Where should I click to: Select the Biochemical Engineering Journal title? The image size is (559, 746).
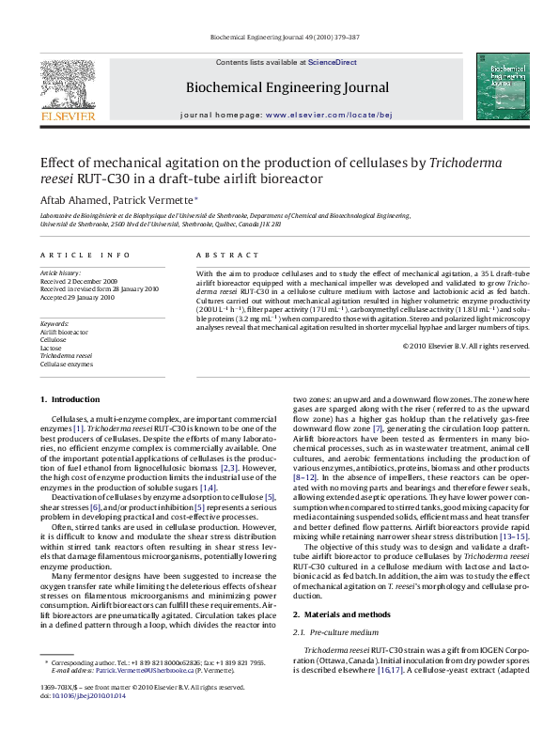(x=287, y=87)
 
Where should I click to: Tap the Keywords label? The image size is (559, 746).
(x=55, y=322)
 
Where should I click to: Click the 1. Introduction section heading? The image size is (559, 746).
(x=67, y=400)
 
